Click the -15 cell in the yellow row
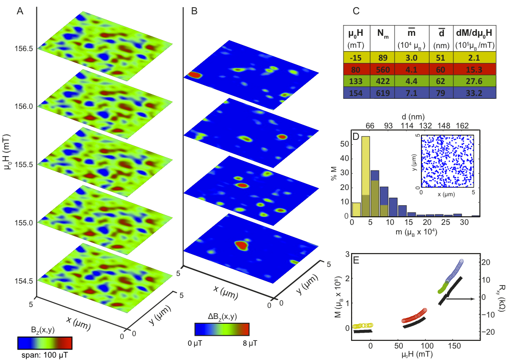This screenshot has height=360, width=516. pyautogui.click(x=356, y=57)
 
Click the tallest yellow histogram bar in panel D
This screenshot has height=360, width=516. pyautogui.click(x=365, y=177)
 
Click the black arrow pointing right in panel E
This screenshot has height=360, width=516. pyautogui.click(x=462, y=299)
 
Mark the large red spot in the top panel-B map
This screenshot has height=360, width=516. pyautogui.click(x=194, y=75)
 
